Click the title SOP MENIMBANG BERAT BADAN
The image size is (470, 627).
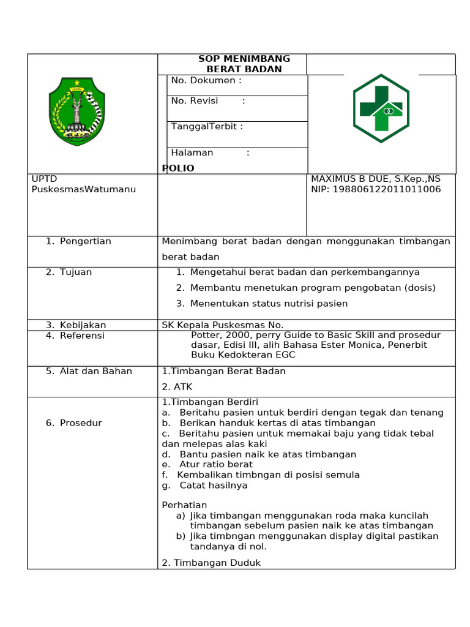(x=244, y=64)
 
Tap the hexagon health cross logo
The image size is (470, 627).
(x=381, y=108)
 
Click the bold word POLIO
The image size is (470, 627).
(x=178, y=168)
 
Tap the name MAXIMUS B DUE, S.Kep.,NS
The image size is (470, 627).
(x=375, y=179)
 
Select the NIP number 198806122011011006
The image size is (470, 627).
(x=375, y=189)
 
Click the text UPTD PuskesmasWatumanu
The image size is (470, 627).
(x=83, y=184)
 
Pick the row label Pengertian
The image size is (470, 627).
(x=85, y=241)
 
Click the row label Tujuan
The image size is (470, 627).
(x=75, y=272)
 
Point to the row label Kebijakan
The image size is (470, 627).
(x=83, y=325)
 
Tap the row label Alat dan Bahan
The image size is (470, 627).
(x=95, y=371)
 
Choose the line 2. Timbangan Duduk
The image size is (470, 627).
(x=211, y=563)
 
